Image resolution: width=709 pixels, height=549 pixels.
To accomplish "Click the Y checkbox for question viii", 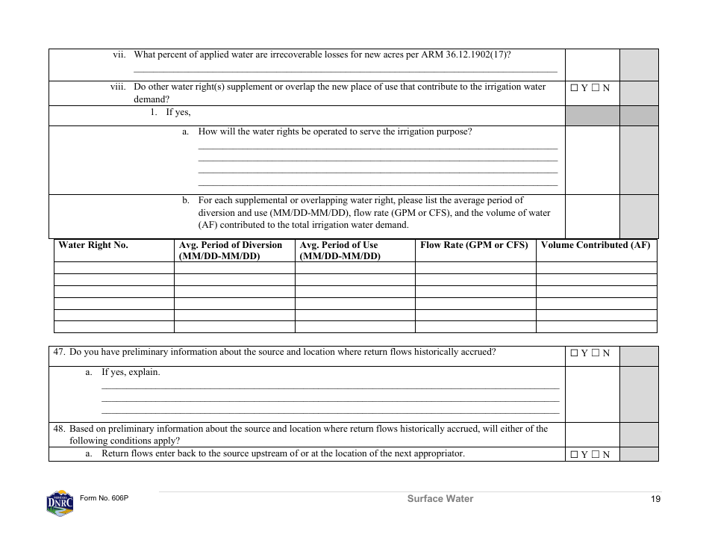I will pos(574,88).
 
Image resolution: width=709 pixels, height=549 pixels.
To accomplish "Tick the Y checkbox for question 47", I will pos(574,353).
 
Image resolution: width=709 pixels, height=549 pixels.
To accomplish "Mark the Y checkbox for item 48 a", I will pos(574,454).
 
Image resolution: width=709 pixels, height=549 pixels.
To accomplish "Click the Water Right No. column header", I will pos(93,245).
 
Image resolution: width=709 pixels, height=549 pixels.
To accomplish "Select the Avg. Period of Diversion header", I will pos(231,250).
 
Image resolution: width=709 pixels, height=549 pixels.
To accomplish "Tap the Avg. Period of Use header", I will pos(340,250).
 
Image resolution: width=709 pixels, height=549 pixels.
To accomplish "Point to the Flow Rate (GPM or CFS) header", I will pos(474,245).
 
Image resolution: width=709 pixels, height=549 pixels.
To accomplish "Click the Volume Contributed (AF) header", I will pos(596,245).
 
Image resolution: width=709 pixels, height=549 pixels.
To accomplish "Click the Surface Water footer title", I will pos(440,499).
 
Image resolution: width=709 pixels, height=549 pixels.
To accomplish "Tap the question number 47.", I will pos(59,353).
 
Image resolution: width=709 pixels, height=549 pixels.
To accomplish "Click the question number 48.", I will pos(59,429).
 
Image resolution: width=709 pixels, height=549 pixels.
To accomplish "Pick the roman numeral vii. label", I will pos(119,55).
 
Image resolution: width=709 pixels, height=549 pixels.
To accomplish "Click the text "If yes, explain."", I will pos(131,372).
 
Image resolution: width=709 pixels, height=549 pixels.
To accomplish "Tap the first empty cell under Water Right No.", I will pos(113,267).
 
